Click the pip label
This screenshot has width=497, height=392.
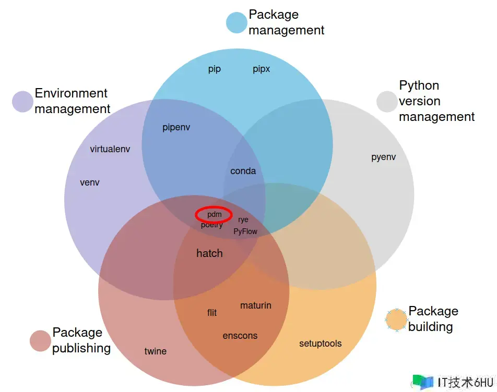point(215,69)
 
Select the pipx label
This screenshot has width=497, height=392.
point(262,69)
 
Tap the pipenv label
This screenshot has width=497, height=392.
point(176,128)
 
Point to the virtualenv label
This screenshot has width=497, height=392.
point(110,149)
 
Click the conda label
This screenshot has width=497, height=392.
point(243,171)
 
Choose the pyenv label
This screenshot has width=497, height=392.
point(383,157)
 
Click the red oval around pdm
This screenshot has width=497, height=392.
point(214,214)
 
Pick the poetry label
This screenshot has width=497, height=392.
point(212,225)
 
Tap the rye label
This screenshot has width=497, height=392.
point(243,219)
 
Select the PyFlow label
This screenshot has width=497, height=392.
point(245,231)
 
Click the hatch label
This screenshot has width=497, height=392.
point(209,253)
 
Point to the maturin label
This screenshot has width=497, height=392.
point(256,305)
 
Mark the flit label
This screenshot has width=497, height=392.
point(212,313)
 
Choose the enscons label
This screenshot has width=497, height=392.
point(240,336)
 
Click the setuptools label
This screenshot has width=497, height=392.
point(321,344)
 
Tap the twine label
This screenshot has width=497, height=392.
point(156,351)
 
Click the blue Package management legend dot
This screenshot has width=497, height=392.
point(236,22)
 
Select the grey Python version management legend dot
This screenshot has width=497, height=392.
point(387,101)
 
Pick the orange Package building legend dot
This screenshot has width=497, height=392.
point(396,320)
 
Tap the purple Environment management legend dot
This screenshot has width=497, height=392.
point(23,101)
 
